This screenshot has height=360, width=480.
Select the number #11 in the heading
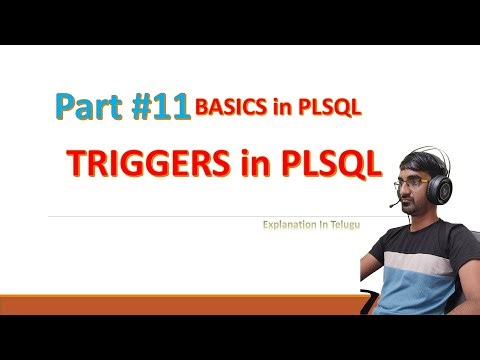pos(160,107)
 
